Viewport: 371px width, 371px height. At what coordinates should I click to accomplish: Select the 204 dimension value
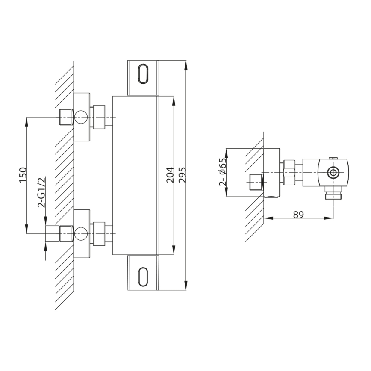(x=169, y=175)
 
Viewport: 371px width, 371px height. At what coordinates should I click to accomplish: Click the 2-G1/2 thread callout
(x=41, y=192)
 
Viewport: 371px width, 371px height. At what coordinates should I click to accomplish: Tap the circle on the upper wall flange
(x=81, y=116)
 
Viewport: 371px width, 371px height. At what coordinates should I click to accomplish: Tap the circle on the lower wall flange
(x=81, y=233)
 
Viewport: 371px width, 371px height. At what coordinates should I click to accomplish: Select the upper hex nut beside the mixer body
(x=99, y=116)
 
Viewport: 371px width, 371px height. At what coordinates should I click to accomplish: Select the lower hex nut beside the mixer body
(x=99, y=233)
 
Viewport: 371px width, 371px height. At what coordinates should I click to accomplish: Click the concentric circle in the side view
(x=333, y=172)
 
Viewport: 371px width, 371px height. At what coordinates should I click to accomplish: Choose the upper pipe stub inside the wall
(x=65, y=116)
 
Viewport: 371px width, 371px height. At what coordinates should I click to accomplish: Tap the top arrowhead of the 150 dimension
(x=27, y=121)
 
